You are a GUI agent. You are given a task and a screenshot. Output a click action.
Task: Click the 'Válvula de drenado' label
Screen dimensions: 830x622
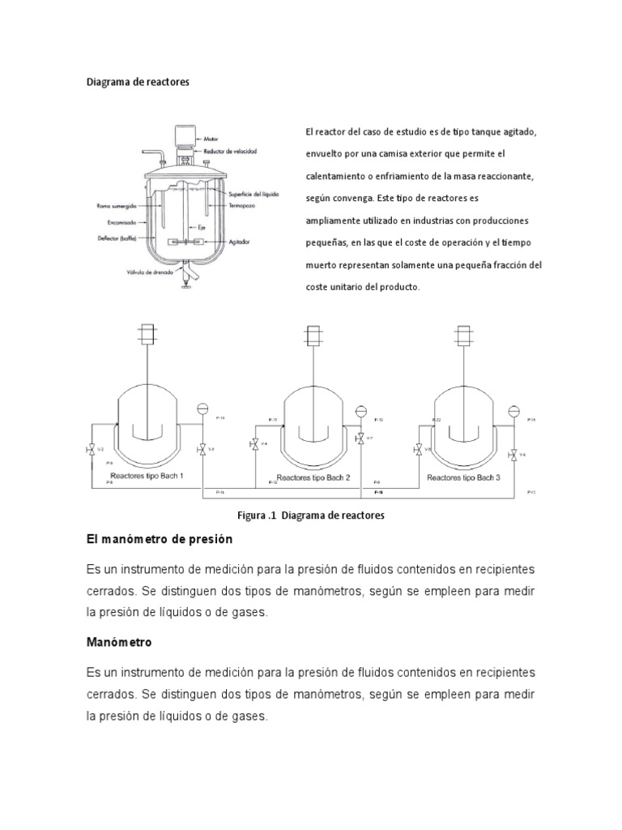tap(147, 272)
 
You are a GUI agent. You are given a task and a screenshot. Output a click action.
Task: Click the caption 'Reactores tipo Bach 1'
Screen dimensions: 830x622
tap(147, 476)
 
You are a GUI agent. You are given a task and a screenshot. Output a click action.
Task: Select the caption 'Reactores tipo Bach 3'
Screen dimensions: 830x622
tap(464, 478)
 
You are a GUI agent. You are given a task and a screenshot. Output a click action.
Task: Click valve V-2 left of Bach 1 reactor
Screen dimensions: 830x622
tap(90, 449)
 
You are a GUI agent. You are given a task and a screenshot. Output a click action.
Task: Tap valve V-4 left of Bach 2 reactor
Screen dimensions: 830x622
tap(254, 443)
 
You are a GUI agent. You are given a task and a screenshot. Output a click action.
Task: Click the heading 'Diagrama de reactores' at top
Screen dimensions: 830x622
tap(138, 83)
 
